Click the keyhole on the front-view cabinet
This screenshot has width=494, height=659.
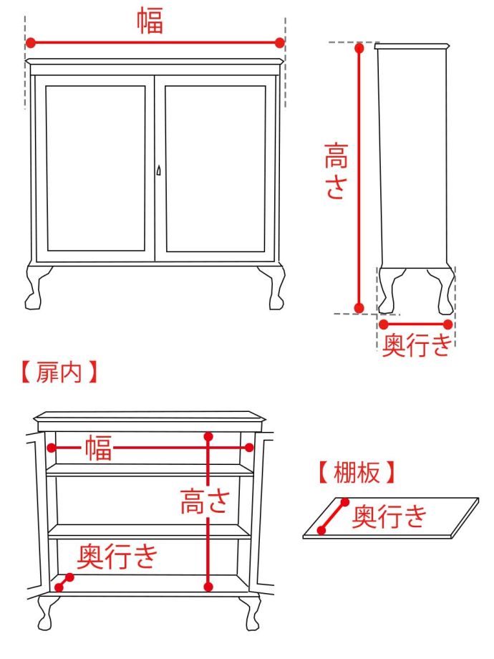pyautogui.click(x=158, y=170)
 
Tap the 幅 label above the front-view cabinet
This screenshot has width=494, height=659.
pyautogui.click(x=150, y=21)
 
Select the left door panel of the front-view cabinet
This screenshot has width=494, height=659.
pyautogui.click(x=96, y=169)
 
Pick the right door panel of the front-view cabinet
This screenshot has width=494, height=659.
pyautogui.click(x=215, y=169)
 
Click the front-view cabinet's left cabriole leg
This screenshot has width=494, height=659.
pyautogui.click(x=37, y=286)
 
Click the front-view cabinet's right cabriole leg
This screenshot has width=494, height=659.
pyautogui.click(x=273, y=286)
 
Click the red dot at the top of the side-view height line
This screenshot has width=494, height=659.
pyautogui.click(x=359, y=49)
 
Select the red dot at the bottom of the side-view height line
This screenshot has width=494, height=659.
pyautogui.click(x=359, y=308)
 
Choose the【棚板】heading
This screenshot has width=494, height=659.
pyautogui.click(x=356, y=472)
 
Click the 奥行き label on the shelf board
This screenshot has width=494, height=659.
pyautogui.click(x=390, y=515)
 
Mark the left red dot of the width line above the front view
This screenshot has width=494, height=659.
pyautogui.click(x=31, y=43)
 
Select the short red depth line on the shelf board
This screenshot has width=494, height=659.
pyautogui.click(x=333, y=516)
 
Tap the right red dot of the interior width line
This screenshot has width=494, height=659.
pyautogui.click(x=249, y=448)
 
